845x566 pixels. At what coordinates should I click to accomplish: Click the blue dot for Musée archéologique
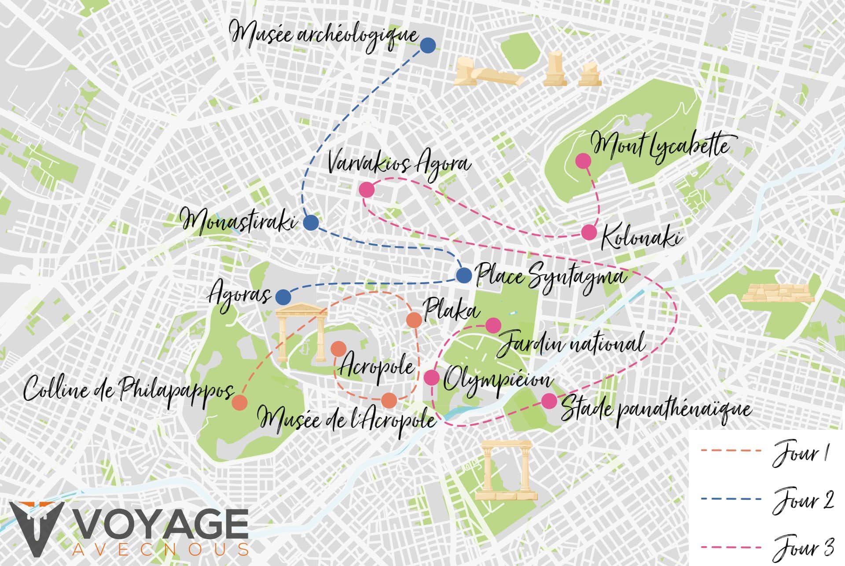(x=427, y=45)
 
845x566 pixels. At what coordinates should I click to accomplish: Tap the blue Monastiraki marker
(x=311, y=223)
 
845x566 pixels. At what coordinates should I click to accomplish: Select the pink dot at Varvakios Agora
(x=367, y=190)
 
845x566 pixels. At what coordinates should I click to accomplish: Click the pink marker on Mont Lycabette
(x=584, y=161)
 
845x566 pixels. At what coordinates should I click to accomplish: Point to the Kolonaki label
(x=641, y=238)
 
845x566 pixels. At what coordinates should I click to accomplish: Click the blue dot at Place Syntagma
(x=464, y=275)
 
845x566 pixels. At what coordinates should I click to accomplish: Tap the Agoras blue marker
(x=283, y=297)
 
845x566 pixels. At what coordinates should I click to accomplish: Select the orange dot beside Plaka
(x=414, y=320)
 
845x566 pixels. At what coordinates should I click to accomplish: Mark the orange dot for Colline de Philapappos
(x=239, y=403)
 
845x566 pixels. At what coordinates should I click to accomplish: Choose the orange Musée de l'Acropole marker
(x=389, y=400)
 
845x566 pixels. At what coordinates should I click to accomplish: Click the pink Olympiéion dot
(x=432, y=377)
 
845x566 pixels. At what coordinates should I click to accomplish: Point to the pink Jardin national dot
(x=493, y=326)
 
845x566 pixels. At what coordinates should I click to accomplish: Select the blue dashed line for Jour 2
(x=731, y=499)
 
